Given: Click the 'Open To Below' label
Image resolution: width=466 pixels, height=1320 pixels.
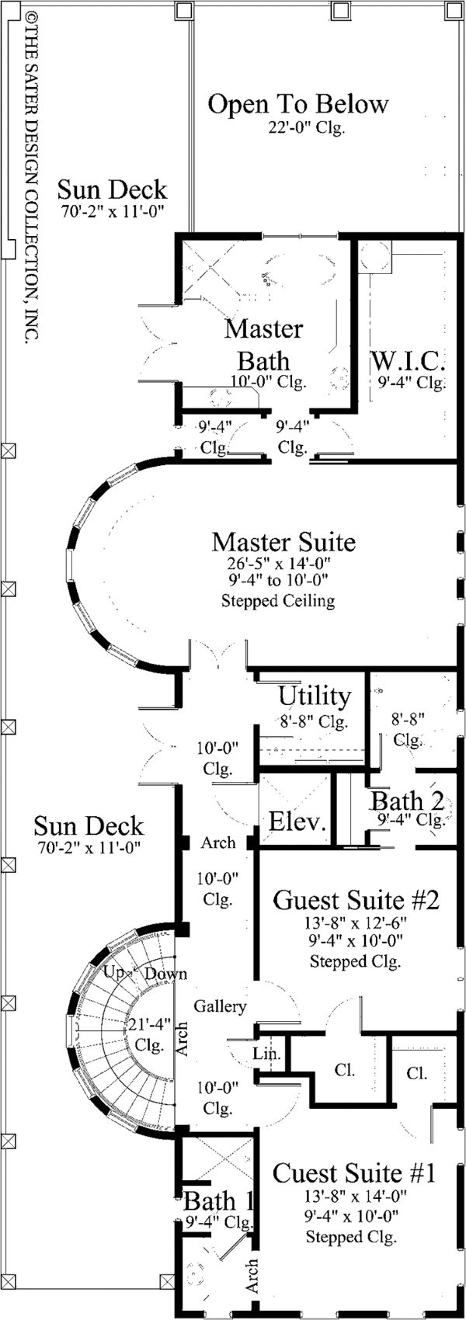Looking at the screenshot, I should click(x=297, y=104).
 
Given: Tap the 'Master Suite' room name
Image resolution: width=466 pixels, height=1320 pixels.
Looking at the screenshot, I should click(x=283, y=541).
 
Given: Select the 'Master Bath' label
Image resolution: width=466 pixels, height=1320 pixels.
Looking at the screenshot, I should click(x=264, y=344).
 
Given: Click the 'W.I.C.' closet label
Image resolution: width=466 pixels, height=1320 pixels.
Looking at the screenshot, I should click(x=408, y=360).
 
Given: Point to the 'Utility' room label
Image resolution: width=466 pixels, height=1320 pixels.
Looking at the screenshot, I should click(x=315, y=695).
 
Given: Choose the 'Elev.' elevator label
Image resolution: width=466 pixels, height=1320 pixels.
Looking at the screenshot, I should click(x=297, y=822).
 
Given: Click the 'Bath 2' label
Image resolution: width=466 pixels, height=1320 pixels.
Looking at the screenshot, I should click(x=407, y=801).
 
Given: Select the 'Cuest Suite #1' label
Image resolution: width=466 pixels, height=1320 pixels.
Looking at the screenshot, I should click(x=354, y=1172).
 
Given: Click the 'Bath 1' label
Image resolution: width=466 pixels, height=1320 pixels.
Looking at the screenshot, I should click(x=218, y=1202).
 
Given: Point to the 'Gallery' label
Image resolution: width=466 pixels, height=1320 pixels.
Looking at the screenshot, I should click(x=220, y=1006).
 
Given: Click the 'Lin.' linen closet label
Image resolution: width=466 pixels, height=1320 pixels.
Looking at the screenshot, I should click(x=266, y=1054).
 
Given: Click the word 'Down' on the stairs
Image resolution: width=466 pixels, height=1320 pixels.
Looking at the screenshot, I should click(x=165, y=974).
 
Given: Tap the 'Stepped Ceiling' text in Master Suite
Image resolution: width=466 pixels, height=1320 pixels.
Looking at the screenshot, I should click(x=278, y=600).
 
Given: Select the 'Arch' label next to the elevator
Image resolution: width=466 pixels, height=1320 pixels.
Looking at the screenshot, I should click(x=218, y=843).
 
